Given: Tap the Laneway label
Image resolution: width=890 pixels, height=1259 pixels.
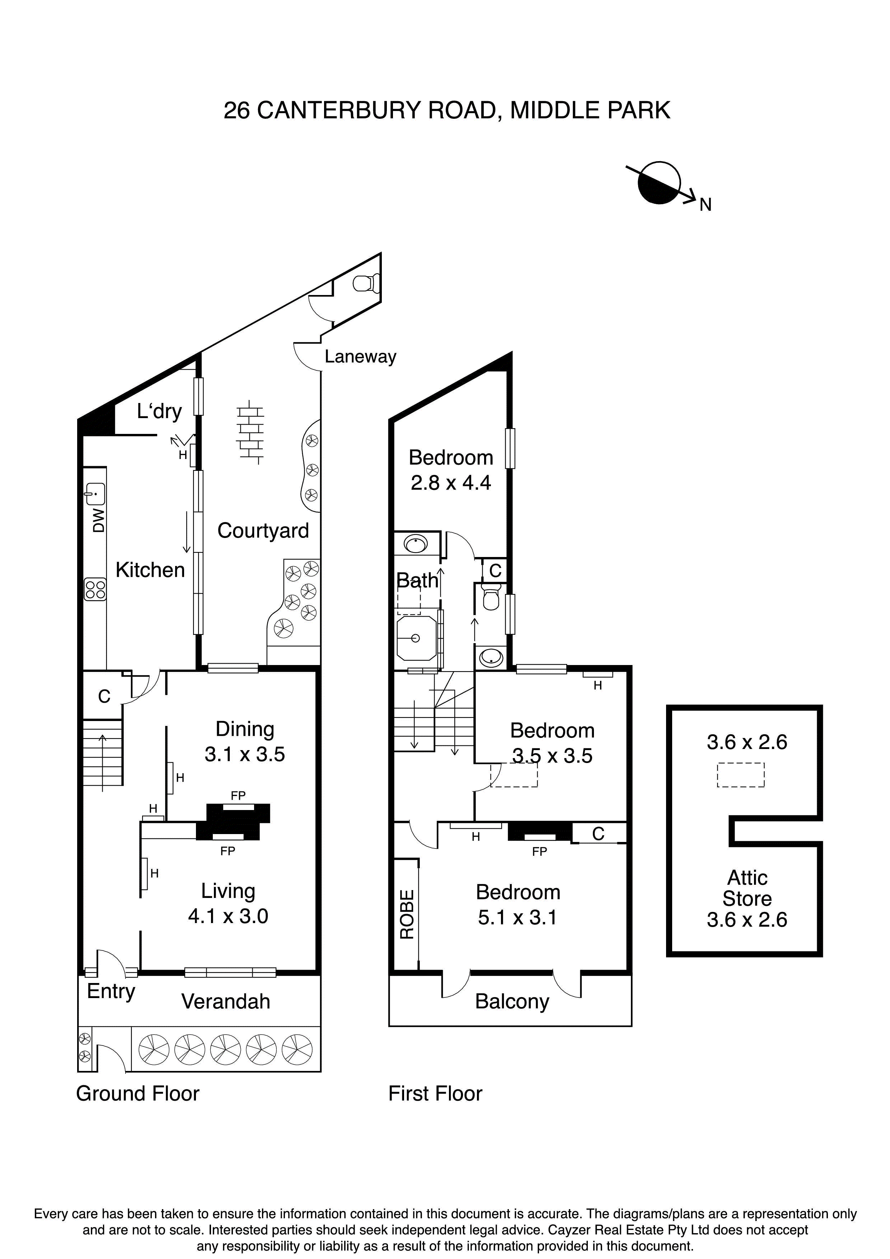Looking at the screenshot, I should pos(360,357).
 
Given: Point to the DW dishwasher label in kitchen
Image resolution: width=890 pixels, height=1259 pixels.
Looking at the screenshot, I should pos(99,520).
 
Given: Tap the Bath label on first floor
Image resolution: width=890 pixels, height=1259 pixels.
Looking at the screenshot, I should pos(417,581).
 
